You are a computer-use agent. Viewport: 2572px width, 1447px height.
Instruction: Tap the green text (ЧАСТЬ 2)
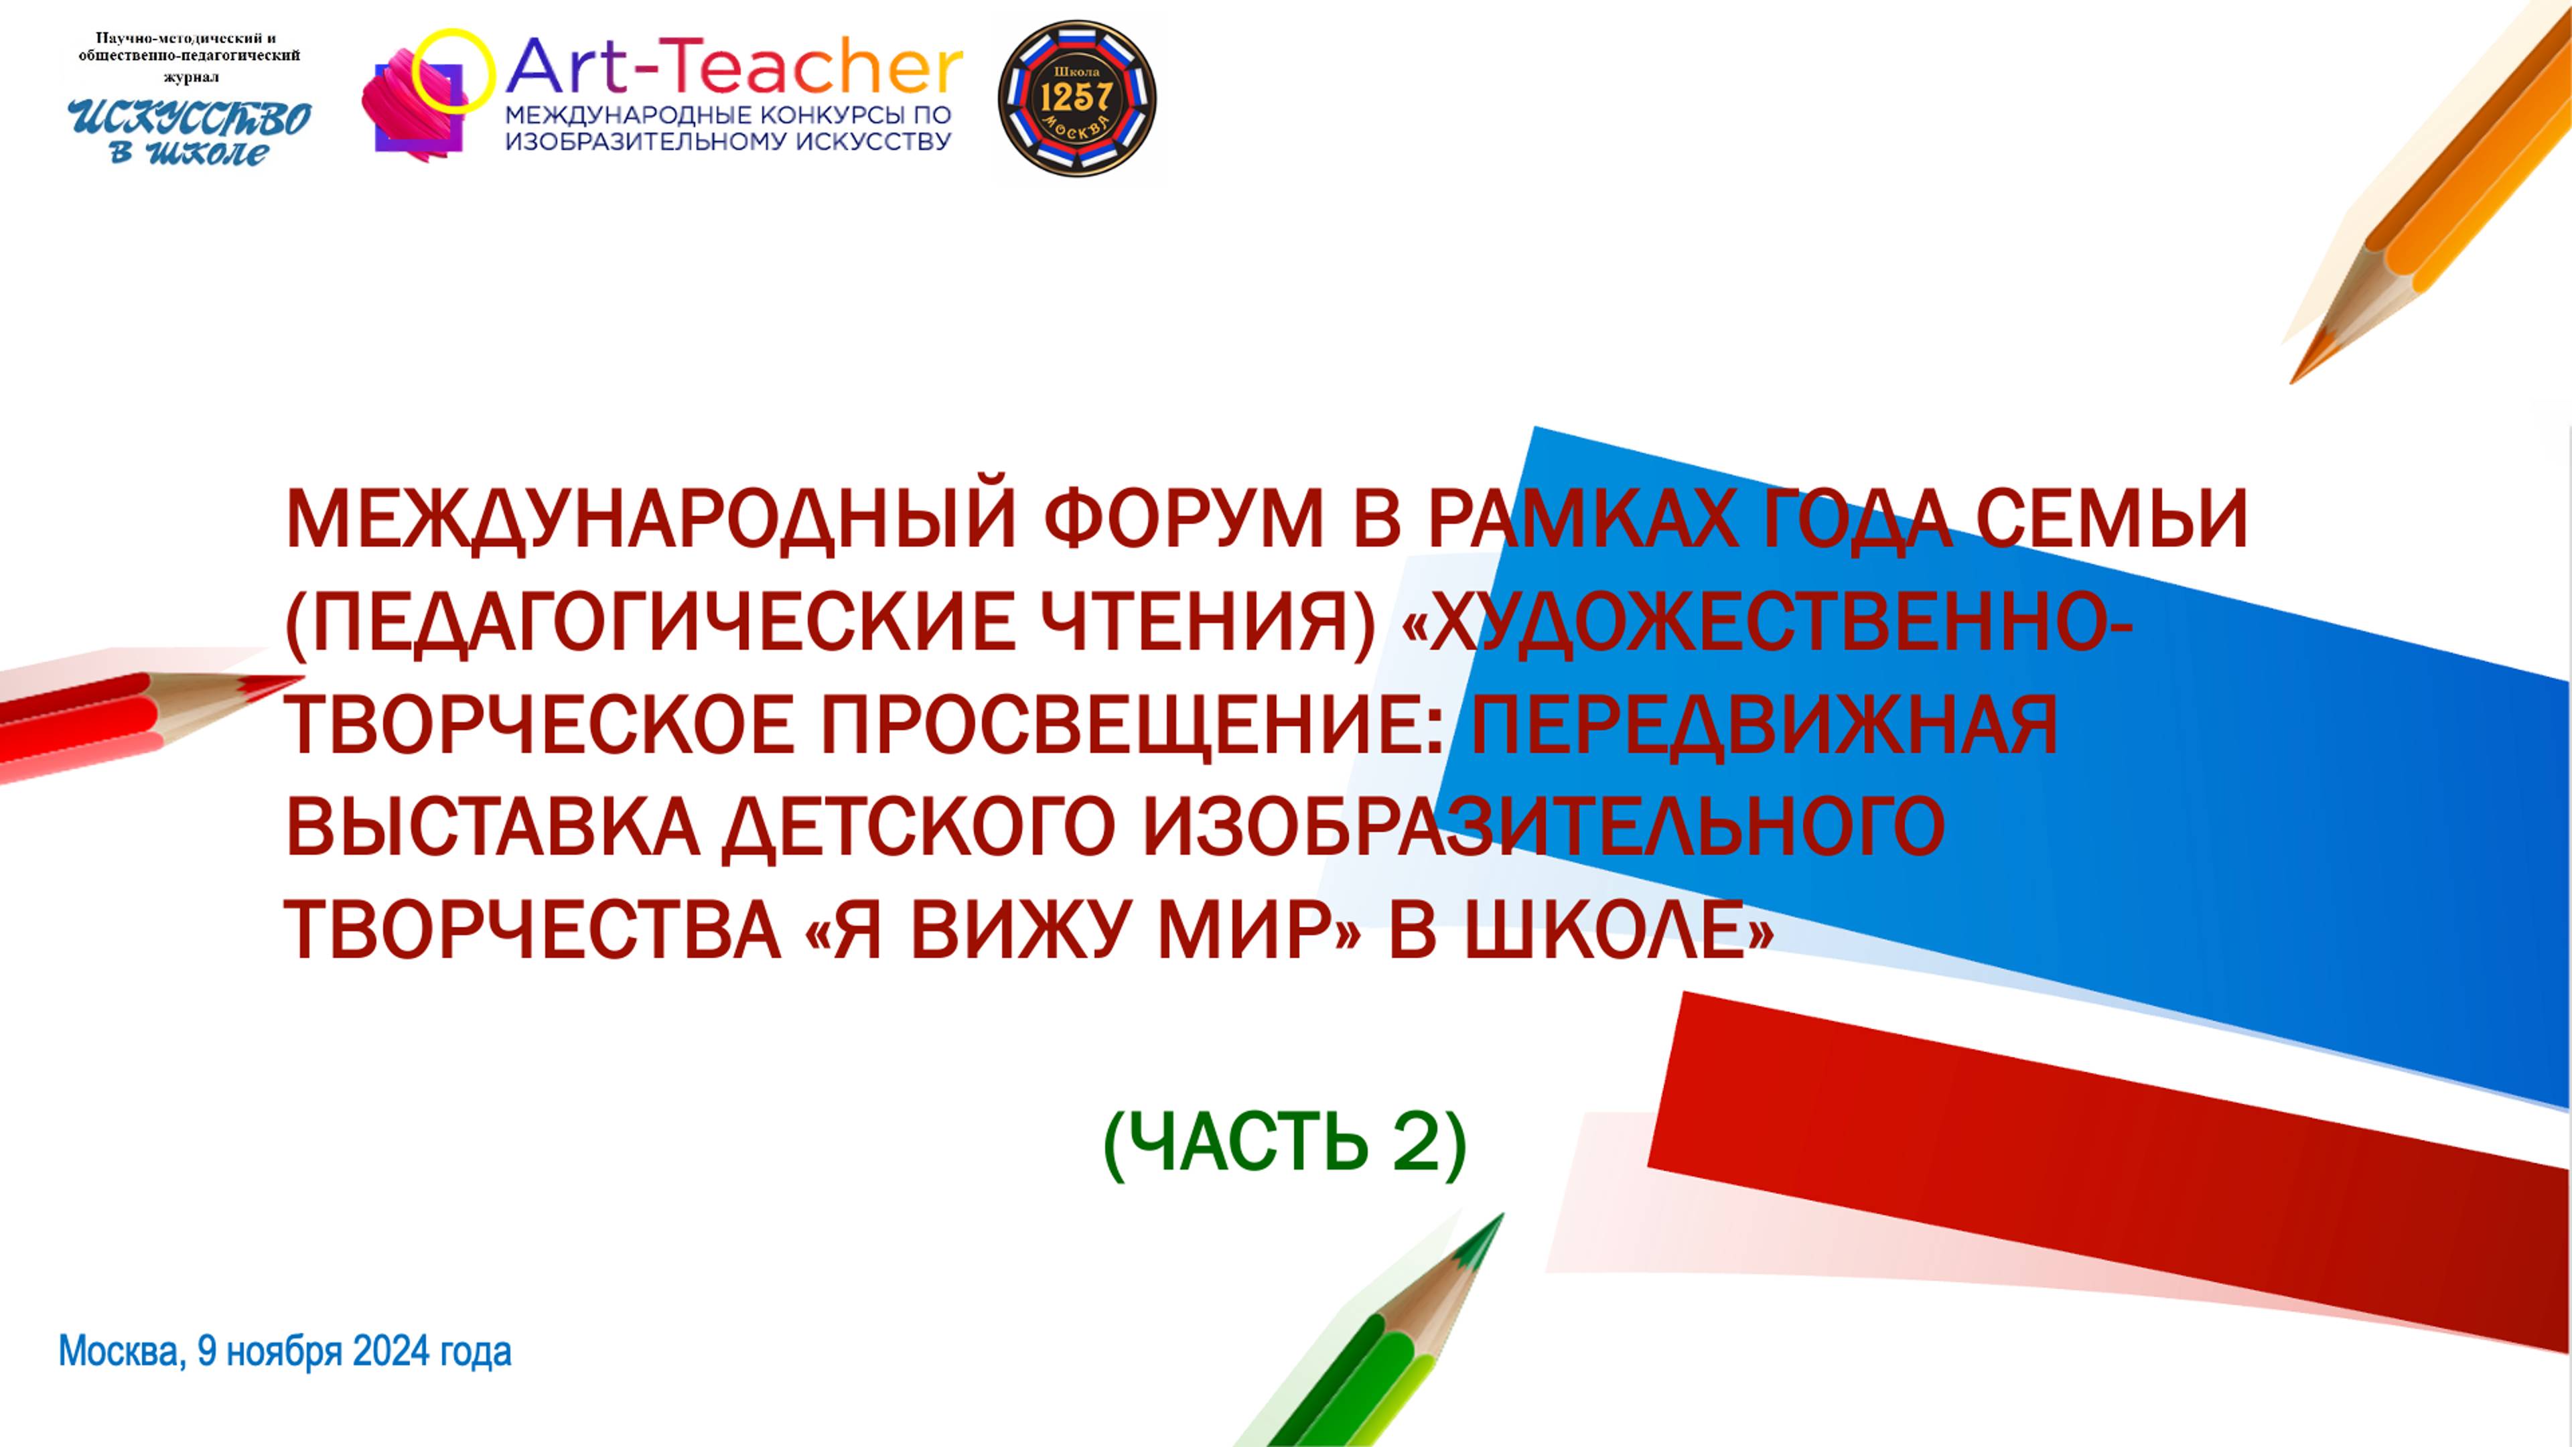click(x=1285, y=1144)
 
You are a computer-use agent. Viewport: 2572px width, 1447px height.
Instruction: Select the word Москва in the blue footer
click(x=120, y=1351)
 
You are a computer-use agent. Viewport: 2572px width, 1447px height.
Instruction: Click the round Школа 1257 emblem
click(x=1077, y=99)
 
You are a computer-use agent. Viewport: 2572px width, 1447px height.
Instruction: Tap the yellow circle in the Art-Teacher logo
click(x=453, y=68)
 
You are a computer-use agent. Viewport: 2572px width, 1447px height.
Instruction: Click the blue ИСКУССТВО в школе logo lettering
click(x=189, y=132)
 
